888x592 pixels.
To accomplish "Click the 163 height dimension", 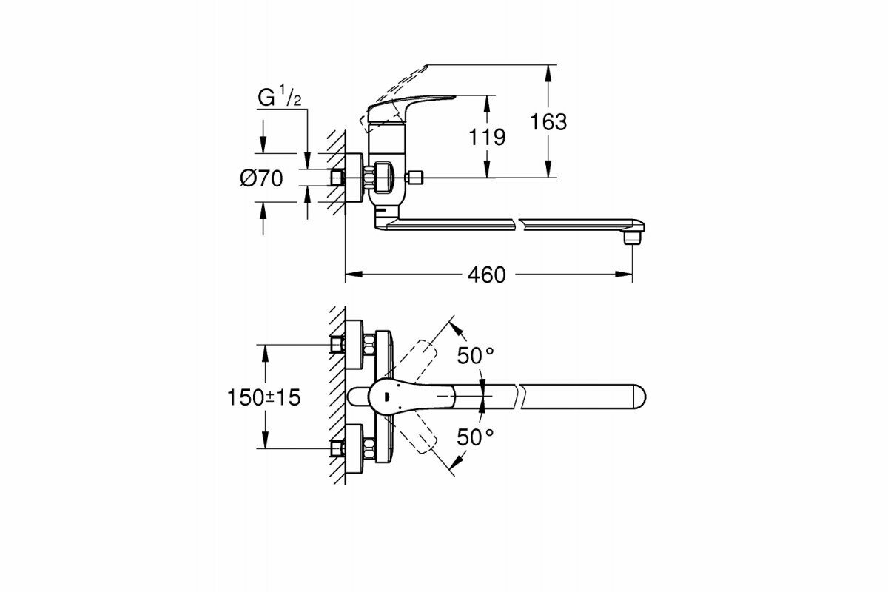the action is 548,122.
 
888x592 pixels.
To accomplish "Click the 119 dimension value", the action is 486,137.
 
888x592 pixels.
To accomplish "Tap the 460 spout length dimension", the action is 486,275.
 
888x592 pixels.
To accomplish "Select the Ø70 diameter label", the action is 260,178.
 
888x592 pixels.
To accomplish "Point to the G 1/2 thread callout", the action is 279,98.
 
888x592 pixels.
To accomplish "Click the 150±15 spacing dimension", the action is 264,397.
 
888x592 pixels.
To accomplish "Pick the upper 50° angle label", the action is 474,356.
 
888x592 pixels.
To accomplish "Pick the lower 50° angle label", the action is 474,437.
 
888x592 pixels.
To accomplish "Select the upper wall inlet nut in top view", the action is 339,345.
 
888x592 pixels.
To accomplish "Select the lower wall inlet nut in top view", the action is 339,448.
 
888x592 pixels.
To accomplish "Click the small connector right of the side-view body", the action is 417,178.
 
